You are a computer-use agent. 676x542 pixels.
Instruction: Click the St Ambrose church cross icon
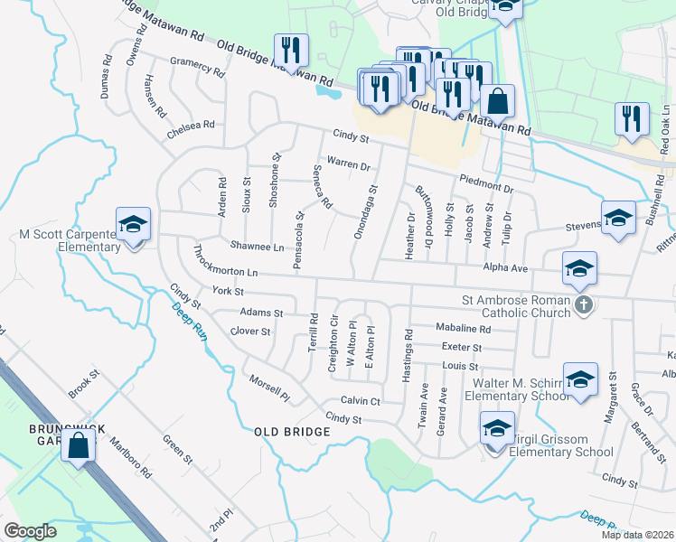(583, 305)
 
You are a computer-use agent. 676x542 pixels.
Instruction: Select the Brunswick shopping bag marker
(79, 445)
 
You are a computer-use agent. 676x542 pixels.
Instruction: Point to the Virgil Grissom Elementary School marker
(496, 429)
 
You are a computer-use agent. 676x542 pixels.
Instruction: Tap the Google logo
(30, 530)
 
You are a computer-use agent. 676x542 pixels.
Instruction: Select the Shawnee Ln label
(257, 246)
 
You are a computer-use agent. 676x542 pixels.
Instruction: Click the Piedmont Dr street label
(485, 183)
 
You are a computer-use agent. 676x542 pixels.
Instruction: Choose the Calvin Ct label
(361, 400)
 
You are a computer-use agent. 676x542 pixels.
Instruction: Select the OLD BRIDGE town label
(292, 432)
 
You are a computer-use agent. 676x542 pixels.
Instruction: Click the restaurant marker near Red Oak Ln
(631, 119)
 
